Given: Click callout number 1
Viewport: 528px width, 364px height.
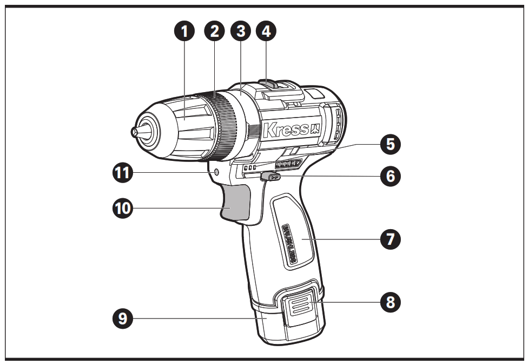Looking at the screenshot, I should (x=186, y=31).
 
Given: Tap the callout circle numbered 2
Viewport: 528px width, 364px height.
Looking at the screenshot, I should (x=215, y=31).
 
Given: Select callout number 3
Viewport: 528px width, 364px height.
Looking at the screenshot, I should (x=240, y=31).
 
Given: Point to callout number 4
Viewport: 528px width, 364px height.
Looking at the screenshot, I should (x=265, y=31).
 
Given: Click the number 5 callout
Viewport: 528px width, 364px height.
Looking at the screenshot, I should (x=390, y=145).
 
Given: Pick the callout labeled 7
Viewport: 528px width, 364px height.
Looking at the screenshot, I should (x=390, y=238).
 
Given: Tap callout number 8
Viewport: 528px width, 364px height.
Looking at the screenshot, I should (x=390, y=302).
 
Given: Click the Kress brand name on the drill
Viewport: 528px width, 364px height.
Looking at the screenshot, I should (x=285, y=130).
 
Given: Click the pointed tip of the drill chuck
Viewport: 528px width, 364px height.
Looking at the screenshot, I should (x=134, y=132).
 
